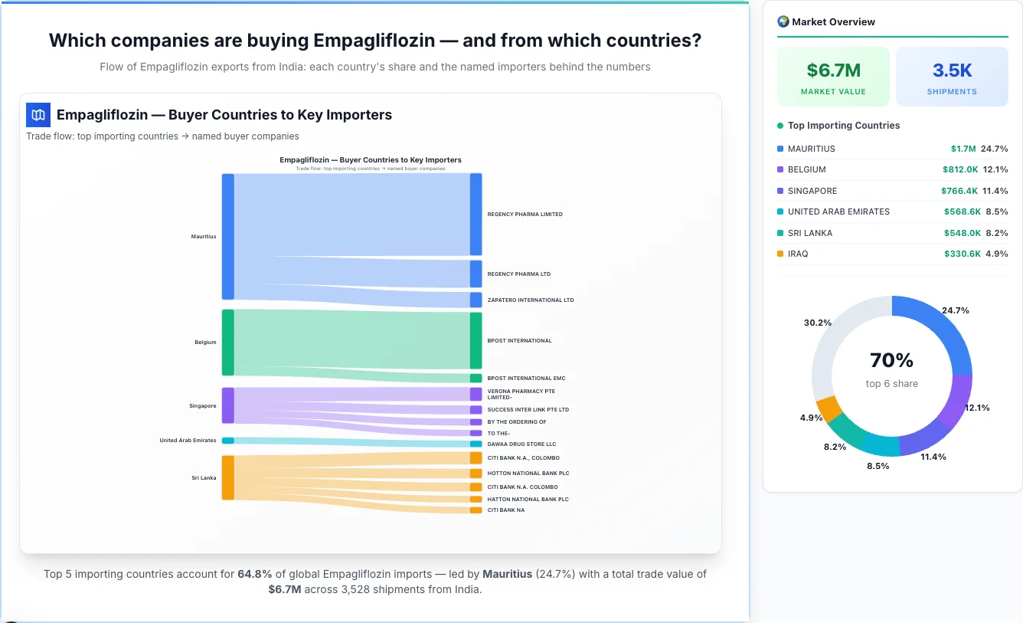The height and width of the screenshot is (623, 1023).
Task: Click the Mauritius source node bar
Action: (x=227, y=236)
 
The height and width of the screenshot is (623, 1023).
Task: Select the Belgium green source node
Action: (x=227, y=343)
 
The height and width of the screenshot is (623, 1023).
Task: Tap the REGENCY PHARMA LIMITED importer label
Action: (x=525, y=215)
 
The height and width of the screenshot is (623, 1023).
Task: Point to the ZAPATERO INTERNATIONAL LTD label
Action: (x=530, y=300)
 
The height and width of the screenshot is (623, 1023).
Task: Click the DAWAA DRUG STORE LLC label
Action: (x=521, y=444)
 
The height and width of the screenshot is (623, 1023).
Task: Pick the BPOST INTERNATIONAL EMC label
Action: (x=526, y=379)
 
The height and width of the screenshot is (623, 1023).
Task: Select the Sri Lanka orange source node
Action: (x=227, y=477)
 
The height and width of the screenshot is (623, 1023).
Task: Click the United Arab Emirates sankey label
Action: (x=188, y=441)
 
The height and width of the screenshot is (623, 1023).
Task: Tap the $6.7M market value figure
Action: (x=833, y=70)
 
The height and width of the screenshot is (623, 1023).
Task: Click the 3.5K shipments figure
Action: (x=952, y=70)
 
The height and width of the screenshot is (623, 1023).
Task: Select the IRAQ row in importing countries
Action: (x=798, y=254)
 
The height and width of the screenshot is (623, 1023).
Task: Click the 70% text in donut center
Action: (x=891, y=360)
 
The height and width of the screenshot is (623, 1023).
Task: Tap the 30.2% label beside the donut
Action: (x=817, y=323)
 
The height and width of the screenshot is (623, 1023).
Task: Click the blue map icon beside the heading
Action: (x=38, y=115)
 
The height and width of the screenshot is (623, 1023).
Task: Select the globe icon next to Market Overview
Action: (x=783, y=21)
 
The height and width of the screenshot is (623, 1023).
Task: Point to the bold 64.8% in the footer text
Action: (x=253, y=574)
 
